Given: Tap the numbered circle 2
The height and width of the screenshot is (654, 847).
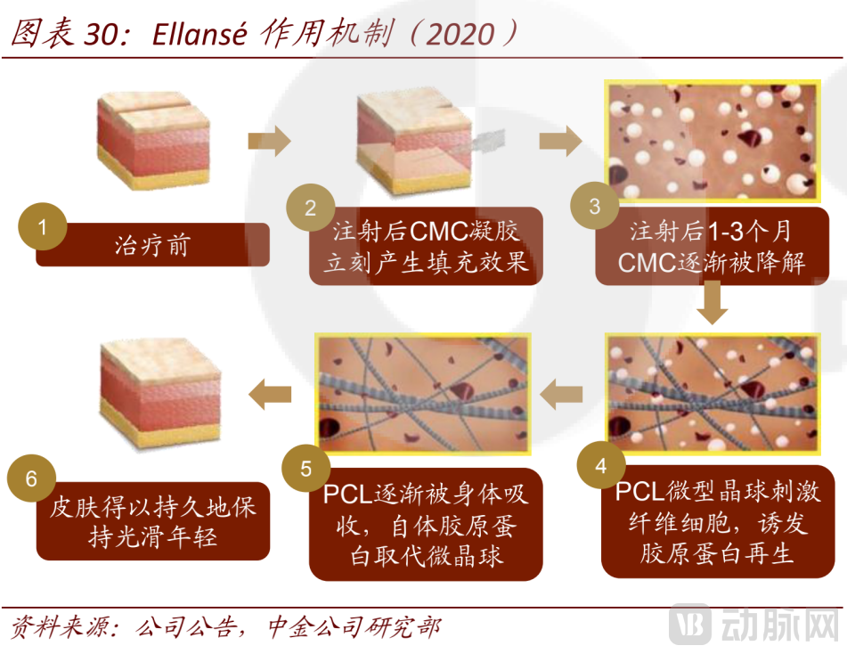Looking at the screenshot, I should (x=309, y=208).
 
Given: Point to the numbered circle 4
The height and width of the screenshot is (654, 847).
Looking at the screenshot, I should (x=600, y=466).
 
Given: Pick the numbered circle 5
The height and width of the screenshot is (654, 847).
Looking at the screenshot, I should (x=305, y=469).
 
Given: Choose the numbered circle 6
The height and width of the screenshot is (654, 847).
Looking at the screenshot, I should (x=31, y=479).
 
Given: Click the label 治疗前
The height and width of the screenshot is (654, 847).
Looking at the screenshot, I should (x=152, y=245).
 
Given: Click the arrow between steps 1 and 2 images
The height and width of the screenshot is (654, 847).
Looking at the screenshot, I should (x=269, y=140).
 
